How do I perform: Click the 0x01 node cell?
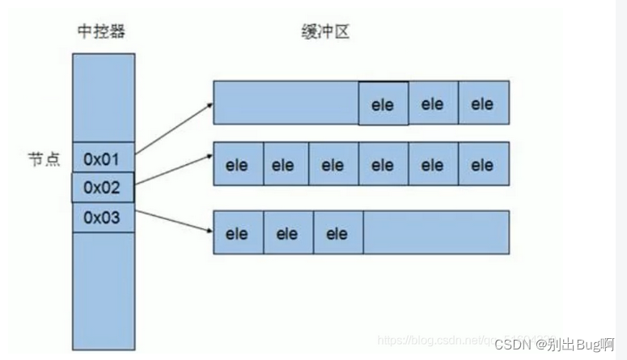click(x=103, y=157)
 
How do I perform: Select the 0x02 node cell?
click(x=103, y=188)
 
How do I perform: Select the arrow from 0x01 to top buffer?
click(x=173, y=128)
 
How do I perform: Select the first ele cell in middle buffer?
click(x=238, y=165)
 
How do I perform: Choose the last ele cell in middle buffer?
click(x=483, y=165)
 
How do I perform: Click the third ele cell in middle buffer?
click(x=333, y=165)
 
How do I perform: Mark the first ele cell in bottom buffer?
click(x=238, y=233)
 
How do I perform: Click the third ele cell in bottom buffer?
click(x=337, y=233)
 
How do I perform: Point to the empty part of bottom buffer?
click(x=435, y=233)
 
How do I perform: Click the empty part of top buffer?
click(x=286, y=102)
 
